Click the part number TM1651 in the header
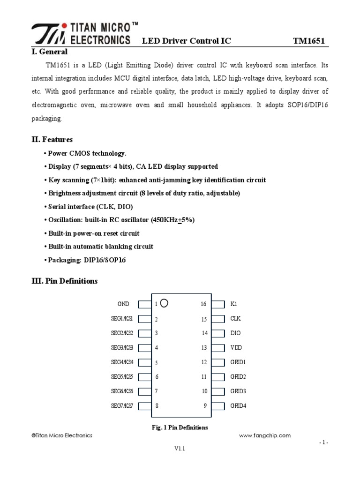click(x=308, y=41)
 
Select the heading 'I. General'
click(x=49, y=52)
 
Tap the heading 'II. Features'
click(x=52, y=139)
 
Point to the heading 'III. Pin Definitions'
click(x=65, y=281)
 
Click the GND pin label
click(x=123, y=304)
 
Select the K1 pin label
click(x=234, y=304)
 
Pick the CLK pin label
click(x=235, y=319)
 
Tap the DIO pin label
click(x=235, y=333)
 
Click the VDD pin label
click(x=236, y=348)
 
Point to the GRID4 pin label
click(x=238, y=406)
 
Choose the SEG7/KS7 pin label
click(x=122, y=406)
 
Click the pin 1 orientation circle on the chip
click(x=164, y=303)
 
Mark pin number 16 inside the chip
click(x=203, y=304)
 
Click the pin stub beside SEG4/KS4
click(x=145, y=362)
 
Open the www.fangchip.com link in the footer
click(x=265, y=435)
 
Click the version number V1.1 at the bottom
click(x=180, y=449)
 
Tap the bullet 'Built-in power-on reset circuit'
click(x=94, y=233)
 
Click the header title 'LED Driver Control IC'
click(x=187, y=41)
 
